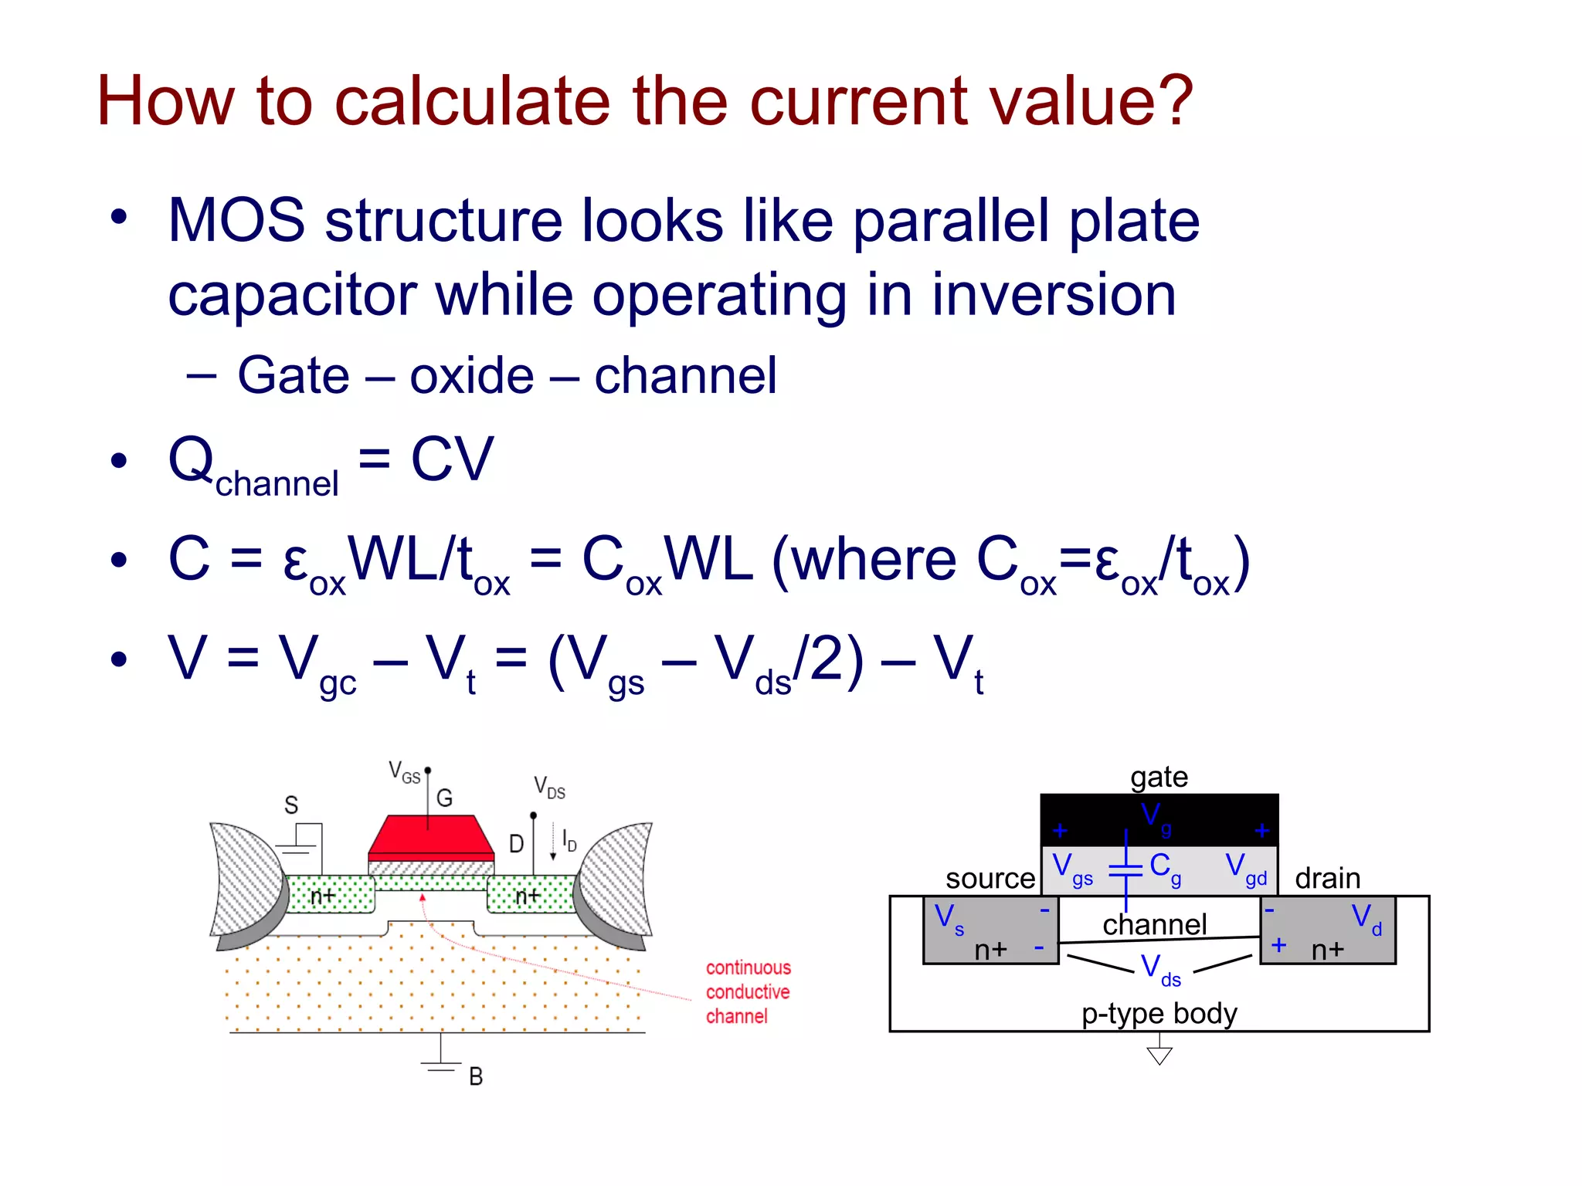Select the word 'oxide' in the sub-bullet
tap(471, 377)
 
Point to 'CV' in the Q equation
tap(452, 460)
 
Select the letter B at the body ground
tap(476, 1076)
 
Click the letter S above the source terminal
tap(291, 805)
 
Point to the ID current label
tap(569, 840)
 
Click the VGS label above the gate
tap(404, 772)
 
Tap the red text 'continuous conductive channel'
tap(747, 992)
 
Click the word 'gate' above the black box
tap(1159, 777)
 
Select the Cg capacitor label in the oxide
tap(1165, 868)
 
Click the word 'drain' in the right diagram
tap(1327, 879)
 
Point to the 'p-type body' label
tap(1159, 1013)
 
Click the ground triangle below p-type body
tap(1159, 1055)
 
